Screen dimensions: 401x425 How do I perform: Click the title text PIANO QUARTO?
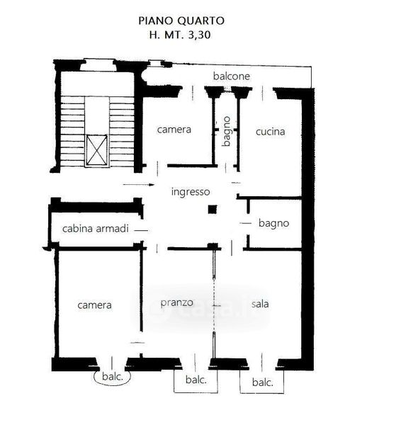[181, 21]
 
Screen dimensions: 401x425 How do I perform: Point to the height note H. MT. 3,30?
[180, 35]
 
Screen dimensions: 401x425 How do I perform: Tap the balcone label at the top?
[232, 76]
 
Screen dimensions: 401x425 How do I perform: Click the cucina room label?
[271, 132]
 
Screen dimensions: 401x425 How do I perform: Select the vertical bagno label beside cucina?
[227, 132]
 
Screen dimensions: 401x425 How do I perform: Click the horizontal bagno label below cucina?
[274, 224]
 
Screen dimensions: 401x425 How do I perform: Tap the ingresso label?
[191, 192]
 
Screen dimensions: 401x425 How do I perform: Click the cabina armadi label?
[96, 229]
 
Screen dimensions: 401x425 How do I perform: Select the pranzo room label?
[177, 302]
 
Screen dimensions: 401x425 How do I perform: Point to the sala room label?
[260, 304]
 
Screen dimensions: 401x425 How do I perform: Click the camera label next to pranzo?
[94, 305]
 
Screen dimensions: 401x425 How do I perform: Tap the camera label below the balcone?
[174, 130]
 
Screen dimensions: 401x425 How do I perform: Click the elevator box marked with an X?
[97, 150]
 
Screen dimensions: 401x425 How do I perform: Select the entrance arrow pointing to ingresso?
[139, 185]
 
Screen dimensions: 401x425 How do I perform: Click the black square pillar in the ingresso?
[213, 210]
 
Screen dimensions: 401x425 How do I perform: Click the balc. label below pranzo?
[196, 380]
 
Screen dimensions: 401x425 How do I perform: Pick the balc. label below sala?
[262, 382]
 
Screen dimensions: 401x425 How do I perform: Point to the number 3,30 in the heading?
[199, 35]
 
